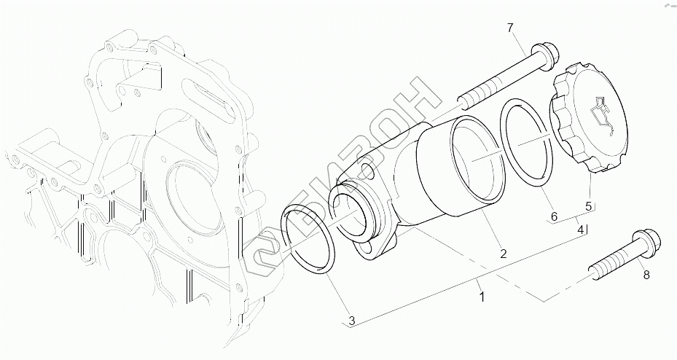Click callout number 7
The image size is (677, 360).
510,28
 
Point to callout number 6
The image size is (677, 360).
553,216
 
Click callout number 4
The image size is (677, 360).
581,229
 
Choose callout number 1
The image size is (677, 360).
481,297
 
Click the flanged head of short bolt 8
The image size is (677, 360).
646,243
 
